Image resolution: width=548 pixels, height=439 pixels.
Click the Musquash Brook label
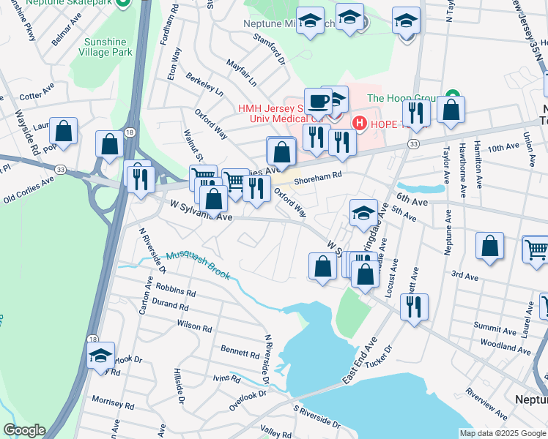197,265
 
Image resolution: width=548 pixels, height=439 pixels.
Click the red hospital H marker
359,123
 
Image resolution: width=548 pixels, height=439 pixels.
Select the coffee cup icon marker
318,101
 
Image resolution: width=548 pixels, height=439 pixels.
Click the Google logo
23,430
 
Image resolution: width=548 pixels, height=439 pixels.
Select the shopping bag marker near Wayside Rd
64,132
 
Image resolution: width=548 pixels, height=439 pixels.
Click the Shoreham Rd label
318,176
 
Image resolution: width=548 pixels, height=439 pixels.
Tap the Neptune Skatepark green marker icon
123,3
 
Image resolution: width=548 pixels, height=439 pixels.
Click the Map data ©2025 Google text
502,433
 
